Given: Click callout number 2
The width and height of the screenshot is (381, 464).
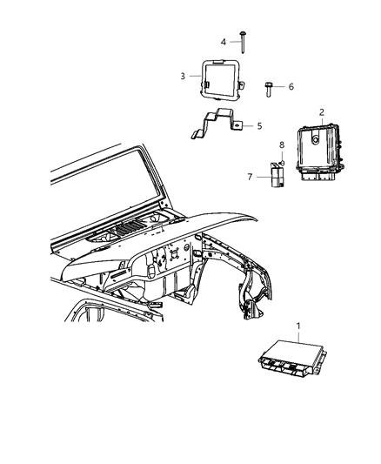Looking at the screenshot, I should tap(321, 112).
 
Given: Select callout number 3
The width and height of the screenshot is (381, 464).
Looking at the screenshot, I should tap(184, 76).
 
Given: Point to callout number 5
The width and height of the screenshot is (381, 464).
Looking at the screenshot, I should tap(258, 125).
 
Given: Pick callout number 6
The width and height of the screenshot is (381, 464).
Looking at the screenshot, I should tap(291, 86).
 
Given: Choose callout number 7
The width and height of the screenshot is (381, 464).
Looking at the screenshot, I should tap(249, 176).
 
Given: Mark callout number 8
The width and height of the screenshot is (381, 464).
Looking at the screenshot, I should tap(281, 145).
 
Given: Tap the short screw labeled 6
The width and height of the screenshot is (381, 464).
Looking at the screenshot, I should tap(271, 86).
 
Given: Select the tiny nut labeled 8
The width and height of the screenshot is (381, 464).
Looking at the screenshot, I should tap(283, 163).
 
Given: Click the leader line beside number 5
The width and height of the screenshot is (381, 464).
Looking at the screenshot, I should tap(247, 125).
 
